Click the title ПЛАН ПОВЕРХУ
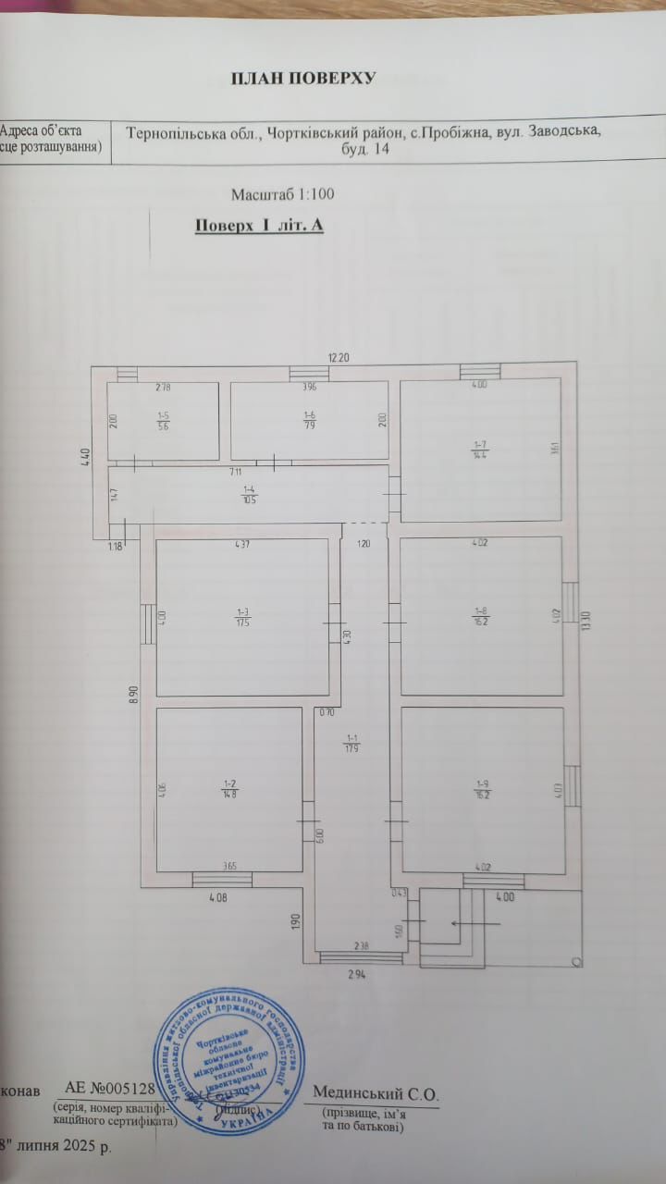[302, 78]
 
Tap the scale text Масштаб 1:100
[282, 194]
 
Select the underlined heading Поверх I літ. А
[259, 225]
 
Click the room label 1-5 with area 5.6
[163, 421]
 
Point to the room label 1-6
[309, 421]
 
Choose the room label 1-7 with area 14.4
[480, 450]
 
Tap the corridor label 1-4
[249, 494]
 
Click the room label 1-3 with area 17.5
[243, 616]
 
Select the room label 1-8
[481, 616]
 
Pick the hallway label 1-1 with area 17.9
[351, 744]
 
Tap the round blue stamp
[228, 1066]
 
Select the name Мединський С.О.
[376, 1094]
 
